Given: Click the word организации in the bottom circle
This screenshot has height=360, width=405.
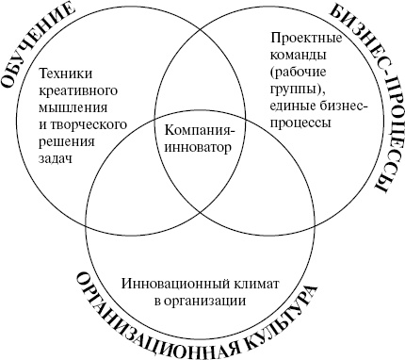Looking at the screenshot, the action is [210, 301].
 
